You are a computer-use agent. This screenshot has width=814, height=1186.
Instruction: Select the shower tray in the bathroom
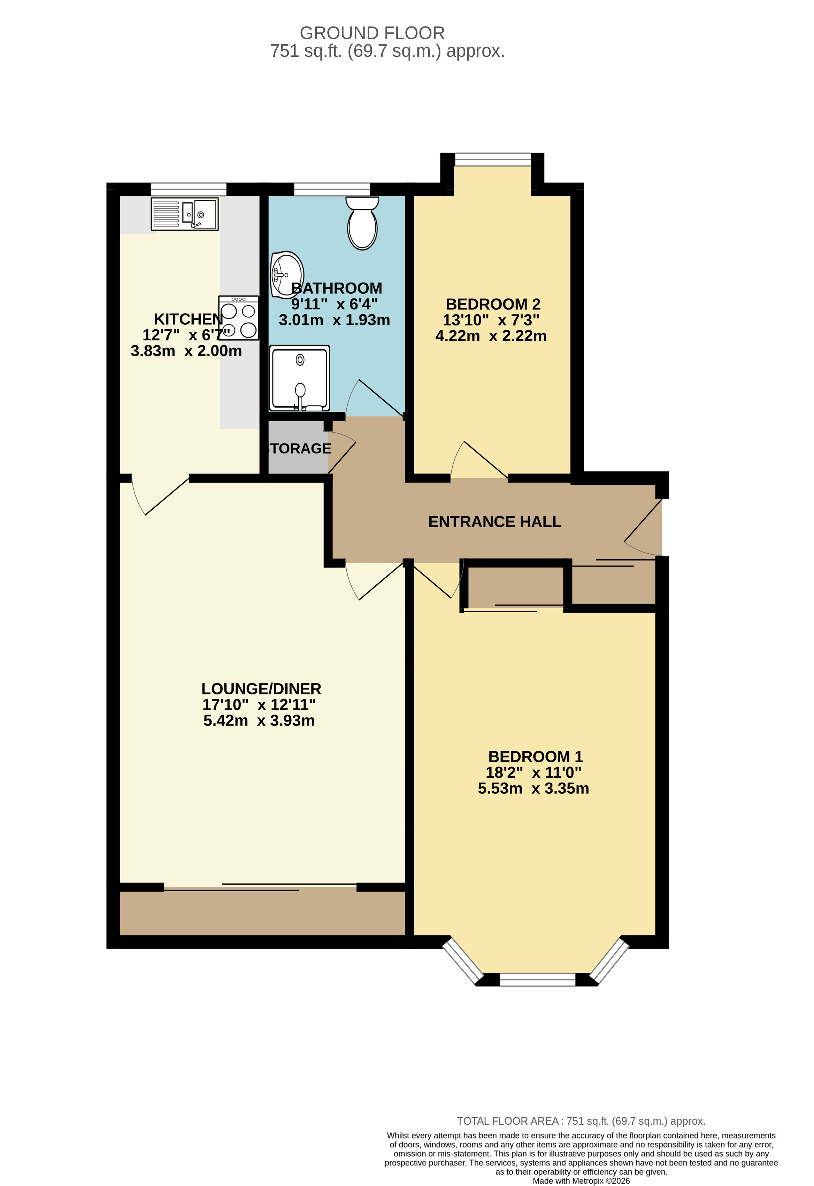(x=300, y=378)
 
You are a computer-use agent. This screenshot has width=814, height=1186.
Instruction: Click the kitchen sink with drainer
(x=185, y=214)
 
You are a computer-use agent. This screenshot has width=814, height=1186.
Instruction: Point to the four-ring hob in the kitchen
(x=238, y=318)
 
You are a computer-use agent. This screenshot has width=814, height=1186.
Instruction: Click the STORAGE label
(x=299, y=448)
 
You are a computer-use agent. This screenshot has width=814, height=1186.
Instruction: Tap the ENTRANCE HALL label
(x=494, y=522)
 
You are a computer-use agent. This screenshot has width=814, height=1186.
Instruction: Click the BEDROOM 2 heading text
(x=493, y=304)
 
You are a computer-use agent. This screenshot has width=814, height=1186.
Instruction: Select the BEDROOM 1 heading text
(x=535, y=756)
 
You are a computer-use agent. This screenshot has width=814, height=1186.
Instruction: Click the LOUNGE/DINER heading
(x=261, y=688)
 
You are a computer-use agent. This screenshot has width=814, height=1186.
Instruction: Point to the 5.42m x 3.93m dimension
(x=259, y=721)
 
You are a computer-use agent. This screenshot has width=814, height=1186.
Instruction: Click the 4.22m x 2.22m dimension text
(x=491, y=336)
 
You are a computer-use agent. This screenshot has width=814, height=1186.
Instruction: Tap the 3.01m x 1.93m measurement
(x=334, y=320)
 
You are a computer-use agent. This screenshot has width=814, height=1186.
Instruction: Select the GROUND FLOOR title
(x=372, y=33)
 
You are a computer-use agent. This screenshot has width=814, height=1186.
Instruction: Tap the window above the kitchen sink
(x=188, y=189)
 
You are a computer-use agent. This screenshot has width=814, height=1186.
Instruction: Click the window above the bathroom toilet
(x=332, y=189)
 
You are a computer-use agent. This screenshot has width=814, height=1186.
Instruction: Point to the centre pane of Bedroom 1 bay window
(x=537, y=979)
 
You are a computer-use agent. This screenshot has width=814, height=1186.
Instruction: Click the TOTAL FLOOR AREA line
(x=581, y=1121)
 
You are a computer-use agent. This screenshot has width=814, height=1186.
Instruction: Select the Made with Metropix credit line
(x=581, y=1181)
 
